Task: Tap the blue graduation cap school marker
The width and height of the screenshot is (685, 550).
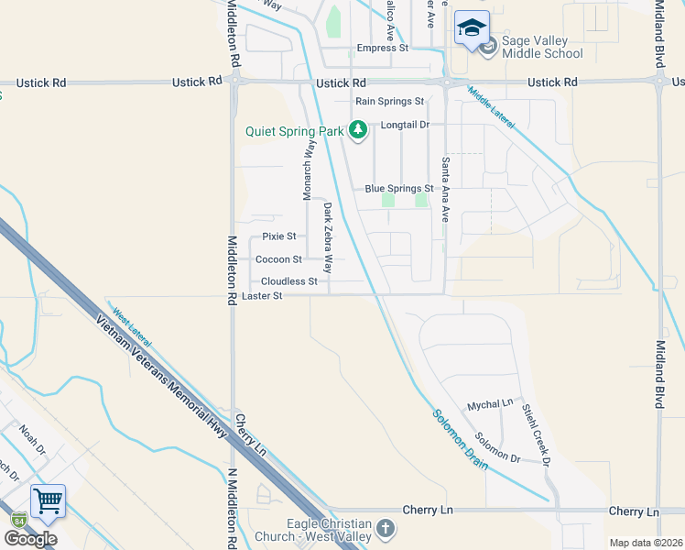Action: pyautogui.click(x=472, y=29)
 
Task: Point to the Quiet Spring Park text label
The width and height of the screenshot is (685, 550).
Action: pyautogui.click(x=294, y=131)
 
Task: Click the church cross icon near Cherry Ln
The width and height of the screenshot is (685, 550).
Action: pyautogui.click(x=386, y=529)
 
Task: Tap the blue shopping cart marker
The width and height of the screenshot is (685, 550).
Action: pyautogui.click(x=48, y=500)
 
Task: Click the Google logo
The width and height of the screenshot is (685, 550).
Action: pyautogui.click(x=30, y=538)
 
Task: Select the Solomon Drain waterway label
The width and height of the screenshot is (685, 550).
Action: pyautogui.click(x=462, y=440)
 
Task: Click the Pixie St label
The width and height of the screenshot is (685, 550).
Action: pyautogui.click(x=279, y=236)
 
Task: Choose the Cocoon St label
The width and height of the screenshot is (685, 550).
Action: pyautogui.click(x=278, y=259)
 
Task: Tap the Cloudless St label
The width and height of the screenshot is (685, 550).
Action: pyautogui.click(x=288, y=281)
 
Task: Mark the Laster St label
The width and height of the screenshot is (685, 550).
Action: pyautogui.click(x=263, y=296)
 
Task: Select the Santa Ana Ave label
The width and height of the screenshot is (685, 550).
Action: pyautogui.click(x=446, y=189)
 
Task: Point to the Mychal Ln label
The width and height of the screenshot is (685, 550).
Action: pyautogui.click(x=490, y=404)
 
